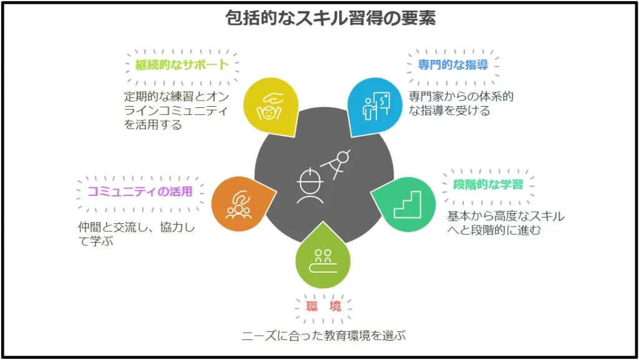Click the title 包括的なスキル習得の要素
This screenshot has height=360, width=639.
tap(331, 18)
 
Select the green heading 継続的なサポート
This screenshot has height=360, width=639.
tap(182, 64)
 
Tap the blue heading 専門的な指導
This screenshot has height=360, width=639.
tap(453, 64)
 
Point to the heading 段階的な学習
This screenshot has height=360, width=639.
tap(488, 185)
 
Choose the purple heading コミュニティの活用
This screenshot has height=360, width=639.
tap(140, 192)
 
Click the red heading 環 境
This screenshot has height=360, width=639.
tap(324, 306)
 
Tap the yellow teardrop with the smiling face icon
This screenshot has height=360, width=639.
tap(271, 106)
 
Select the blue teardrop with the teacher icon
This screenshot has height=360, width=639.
tap(375, 106)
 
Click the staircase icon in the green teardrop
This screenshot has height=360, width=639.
tap(407, 205)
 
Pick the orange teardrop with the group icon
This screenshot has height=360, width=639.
tap(242, 204)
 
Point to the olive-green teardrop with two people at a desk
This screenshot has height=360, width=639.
tap(323, 256)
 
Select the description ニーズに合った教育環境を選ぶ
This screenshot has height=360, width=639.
tap(324, 336)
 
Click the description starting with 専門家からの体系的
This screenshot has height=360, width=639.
tap(461, 104)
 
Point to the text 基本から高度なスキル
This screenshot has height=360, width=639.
tap(505, 216)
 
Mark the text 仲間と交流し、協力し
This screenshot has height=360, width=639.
tap(137, 227)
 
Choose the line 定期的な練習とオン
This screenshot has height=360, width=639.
tap(177, 97)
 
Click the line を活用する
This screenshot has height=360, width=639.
tap(153, 124)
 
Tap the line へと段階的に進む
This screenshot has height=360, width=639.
tap(494, 230)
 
